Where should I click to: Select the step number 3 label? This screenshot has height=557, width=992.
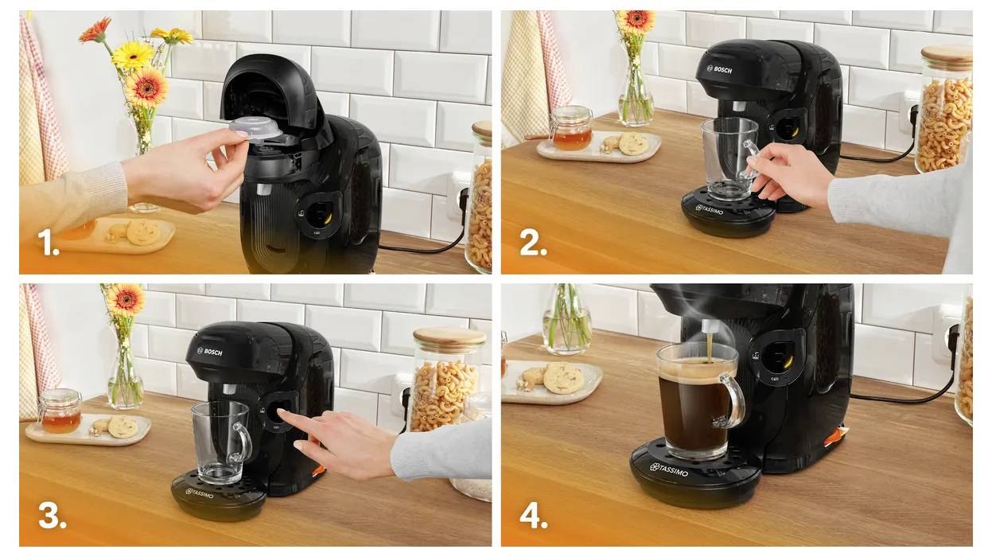[51, 516]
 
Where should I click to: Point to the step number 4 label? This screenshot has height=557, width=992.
[533, 516]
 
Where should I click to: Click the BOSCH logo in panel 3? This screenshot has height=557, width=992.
[211, 351]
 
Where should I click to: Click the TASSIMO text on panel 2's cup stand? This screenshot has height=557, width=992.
[710, 209]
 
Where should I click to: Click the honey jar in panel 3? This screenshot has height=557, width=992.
[60, 411]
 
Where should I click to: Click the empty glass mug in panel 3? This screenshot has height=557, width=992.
[218, 441]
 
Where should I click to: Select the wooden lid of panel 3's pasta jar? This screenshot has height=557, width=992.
[449, 339]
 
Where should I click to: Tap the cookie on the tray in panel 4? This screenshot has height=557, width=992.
[563, 378]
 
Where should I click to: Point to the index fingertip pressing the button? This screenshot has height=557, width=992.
[283, 415]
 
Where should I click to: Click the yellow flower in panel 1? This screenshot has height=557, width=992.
[132, 55]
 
